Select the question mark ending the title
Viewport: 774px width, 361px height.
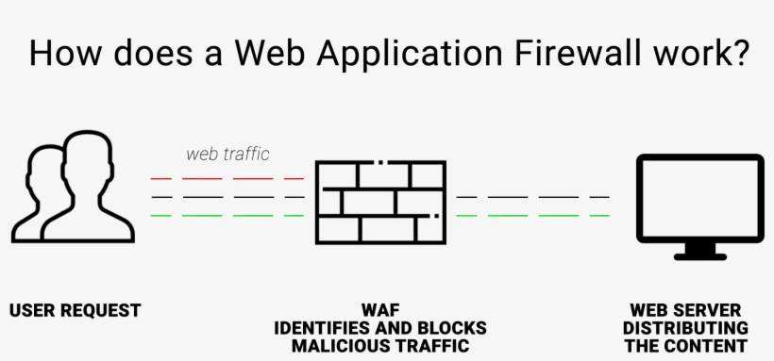(738, 53)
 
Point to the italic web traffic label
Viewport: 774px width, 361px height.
(227, 154)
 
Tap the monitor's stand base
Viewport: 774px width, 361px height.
(699, 254)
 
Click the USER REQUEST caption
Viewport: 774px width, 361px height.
(75, 310)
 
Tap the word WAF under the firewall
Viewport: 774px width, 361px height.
(380, 310)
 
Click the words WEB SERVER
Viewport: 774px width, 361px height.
(687, 310)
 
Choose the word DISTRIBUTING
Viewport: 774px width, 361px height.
(687, 328)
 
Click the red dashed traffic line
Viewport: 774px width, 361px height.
(227, 178)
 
